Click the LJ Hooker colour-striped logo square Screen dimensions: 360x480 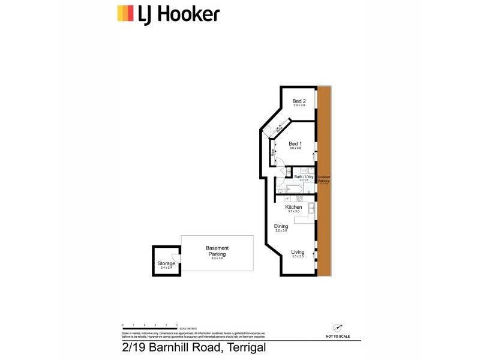click(125, 13)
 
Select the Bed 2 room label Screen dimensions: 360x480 click(299, 101)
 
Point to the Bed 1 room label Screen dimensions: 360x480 click(295, 143)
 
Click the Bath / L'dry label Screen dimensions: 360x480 click(304, 177)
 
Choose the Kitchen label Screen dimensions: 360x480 click(293, 207)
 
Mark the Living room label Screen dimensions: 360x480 click(298, 252)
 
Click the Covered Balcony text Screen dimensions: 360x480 click(324, 179)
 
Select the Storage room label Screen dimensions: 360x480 click(166, 263)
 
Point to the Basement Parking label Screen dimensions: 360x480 click(217, 251)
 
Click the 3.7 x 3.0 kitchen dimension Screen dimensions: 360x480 click(293, 212)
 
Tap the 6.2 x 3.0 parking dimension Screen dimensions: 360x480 click(217, 259)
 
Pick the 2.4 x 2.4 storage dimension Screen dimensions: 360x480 click(166, 268)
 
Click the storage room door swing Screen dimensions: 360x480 click(174, 258)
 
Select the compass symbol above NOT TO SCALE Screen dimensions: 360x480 click(338, 327)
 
